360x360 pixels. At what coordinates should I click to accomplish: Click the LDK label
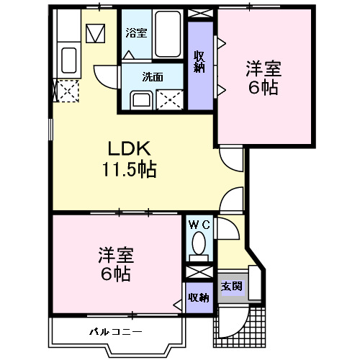click(129, 150)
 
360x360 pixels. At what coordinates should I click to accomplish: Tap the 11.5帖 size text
click(129, 171)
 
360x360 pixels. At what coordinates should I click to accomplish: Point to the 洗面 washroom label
click(151, 77)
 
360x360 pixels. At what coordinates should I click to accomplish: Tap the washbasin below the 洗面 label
click(140, 99)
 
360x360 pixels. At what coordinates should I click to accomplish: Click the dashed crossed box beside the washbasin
click(171, 98)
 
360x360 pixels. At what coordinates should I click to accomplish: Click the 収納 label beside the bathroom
click(200, 60)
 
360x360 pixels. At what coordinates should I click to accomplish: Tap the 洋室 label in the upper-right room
click(263, 71)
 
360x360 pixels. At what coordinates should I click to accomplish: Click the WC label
click(199, 225)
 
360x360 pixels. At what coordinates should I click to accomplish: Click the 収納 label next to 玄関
click(198, 297)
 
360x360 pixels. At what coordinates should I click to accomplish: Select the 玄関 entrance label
click(230, 286)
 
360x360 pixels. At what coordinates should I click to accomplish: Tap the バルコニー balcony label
click(115, 332)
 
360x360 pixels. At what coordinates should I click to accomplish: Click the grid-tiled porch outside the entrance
click(241, 324)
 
